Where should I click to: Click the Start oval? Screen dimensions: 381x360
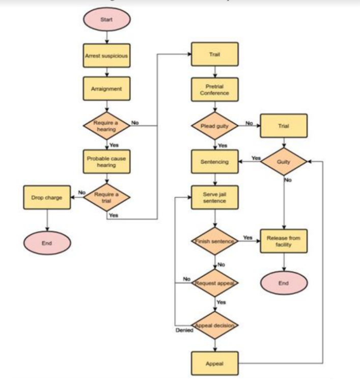[x=107, y=20]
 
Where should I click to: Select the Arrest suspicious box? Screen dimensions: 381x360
[x=106, y=56]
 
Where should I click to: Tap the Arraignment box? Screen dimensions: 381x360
[x=106, y=89]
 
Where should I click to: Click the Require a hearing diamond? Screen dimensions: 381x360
[x=106, y=126]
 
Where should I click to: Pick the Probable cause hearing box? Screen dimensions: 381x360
[x=106, y=162]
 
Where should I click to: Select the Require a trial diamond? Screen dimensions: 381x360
[x=107, y=197]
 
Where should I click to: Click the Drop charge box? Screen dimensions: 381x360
[x=46, y=197]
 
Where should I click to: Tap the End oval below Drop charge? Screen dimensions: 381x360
[x=47, y=243]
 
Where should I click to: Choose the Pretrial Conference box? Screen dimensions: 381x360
[x=215, y=90]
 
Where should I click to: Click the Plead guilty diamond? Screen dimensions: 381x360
[x=215, y=126]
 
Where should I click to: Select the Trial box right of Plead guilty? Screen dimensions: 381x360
[x=284, y=126]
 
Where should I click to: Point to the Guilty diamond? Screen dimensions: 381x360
[x=284, y=162]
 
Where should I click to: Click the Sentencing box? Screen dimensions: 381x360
[x=215, y=162]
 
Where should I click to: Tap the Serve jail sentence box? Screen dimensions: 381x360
[x=215, y=197]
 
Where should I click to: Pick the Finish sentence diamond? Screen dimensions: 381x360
[x=215, y=241]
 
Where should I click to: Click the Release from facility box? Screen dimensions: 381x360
[x=284, y=241]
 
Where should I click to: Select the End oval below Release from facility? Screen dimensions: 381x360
[x=284, y=283]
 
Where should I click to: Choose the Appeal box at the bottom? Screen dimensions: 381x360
[x=215, y=364]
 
